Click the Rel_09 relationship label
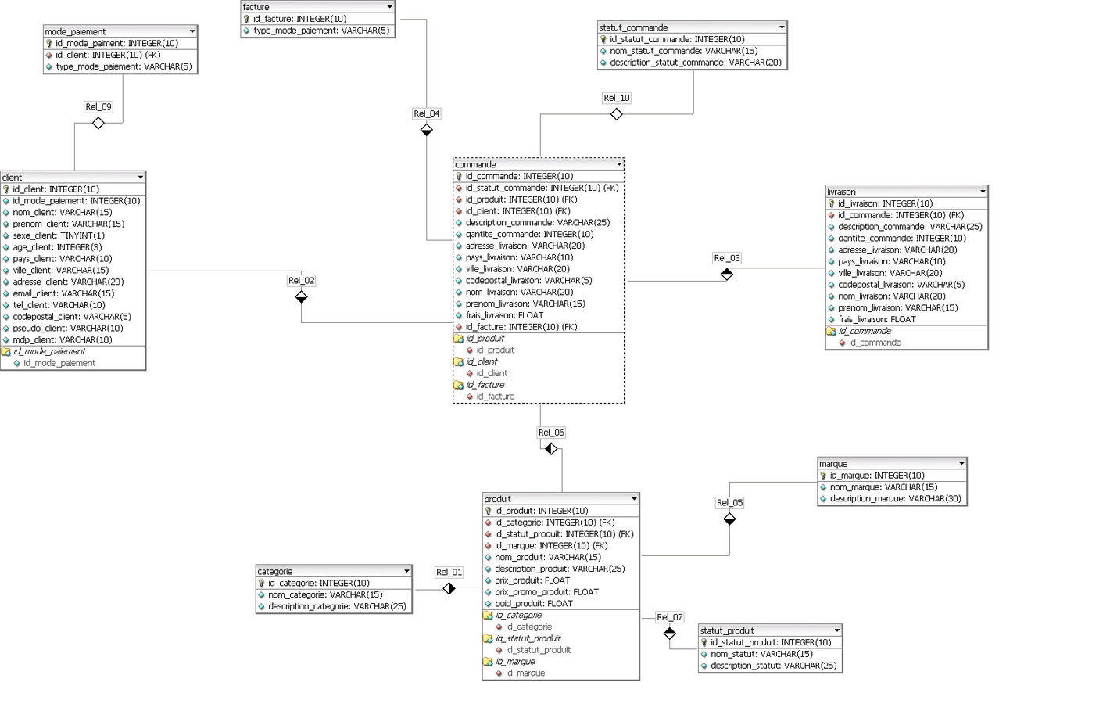click(x=98, y=106)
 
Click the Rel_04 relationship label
click(x=427, y=113)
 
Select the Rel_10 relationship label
click(x=617, y=98)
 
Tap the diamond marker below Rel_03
click(x=727, y=275)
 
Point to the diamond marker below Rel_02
click(x=302, y=297)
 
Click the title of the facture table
click(x=256, y=7)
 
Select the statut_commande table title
click(x=633, y=27)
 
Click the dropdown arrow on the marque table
click(x=961, y=464)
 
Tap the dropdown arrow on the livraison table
click(x=983, y=192)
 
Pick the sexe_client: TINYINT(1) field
click(x=59, y=235)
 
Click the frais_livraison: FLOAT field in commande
click(x=504, y=315)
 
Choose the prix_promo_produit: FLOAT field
click(x=546, y=592)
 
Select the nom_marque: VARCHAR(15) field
click(x=883, y=487)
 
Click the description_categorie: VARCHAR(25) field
click(x=337, y=606)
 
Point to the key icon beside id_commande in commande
click(x=459, y=177)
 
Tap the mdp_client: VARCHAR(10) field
click(x=63, y=340)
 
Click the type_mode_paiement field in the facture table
click(x=320, y=31)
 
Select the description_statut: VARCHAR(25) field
click(x=773, y=666)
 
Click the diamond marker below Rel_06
click(x=551, y=449)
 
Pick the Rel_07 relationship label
click(x=670, y=617)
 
